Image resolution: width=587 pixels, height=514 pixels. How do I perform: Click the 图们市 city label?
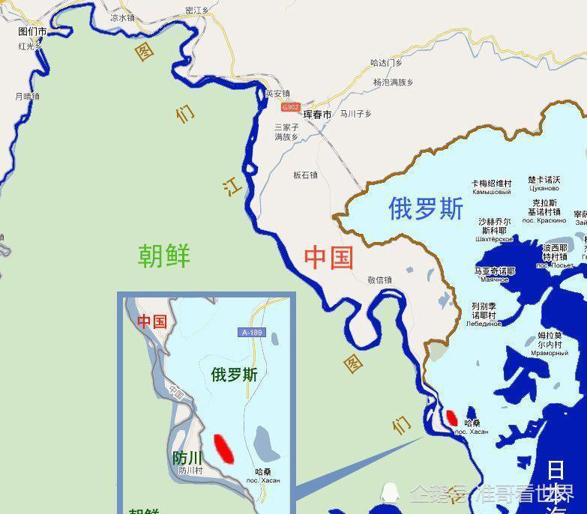pos(32,32)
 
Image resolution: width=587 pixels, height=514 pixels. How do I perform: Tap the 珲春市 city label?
pos(317,115)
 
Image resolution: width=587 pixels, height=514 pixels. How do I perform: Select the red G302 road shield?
pos(290,107)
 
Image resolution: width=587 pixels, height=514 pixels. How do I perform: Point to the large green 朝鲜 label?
pos(164,256)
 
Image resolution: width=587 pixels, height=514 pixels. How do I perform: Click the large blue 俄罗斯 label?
pos(426,208)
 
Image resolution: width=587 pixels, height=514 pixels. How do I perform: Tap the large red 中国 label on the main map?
pos(328,257)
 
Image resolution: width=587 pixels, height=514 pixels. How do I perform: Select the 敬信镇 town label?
pos(379,279)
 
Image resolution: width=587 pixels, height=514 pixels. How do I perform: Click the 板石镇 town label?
pos(305,175)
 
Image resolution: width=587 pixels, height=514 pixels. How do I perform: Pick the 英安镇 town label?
pos(277,94)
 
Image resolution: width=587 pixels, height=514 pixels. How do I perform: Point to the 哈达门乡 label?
pos(386,63)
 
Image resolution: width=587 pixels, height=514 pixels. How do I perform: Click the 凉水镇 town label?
pos(122,16)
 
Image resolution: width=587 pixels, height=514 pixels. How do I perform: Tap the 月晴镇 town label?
pos(27,96)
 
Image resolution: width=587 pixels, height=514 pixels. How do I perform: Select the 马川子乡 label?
pos(355,115)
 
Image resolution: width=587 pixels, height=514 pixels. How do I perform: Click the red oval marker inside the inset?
pos(223,447)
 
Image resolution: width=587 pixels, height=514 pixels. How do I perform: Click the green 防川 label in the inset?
pos(187,458)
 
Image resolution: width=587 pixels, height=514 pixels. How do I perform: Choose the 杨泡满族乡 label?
pos(393,82)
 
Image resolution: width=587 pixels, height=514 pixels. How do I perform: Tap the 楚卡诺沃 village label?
pos(544,180)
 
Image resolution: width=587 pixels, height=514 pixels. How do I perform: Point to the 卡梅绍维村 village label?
pos(491,183)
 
